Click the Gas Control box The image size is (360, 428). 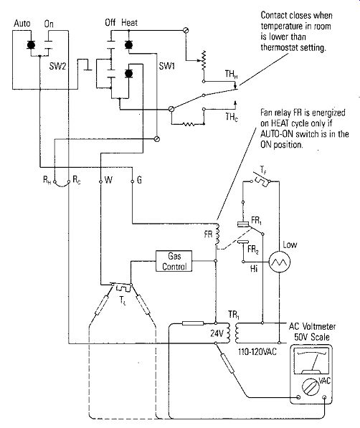pos(174,261)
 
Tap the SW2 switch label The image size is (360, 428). pos(57,66)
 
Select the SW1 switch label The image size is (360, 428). pos(167,66)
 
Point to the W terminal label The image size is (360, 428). pos(109,180)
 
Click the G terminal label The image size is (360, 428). pos(139,180)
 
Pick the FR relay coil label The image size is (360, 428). pos(208,234)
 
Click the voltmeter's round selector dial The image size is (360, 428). pos(311,387)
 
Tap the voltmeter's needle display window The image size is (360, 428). pos(311,361)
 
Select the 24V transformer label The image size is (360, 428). pos(217,333)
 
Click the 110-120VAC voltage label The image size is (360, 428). pos(257,351)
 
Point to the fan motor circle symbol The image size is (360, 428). pos(280,262)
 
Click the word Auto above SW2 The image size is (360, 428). pos(22,24)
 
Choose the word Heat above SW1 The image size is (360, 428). pos(130,22)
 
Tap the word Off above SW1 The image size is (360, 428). pos(110,22)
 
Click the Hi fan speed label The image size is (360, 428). pos(254,269)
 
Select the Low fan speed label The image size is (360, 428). pos(290,244)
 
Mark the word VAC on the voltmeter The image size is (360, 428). pos(324,380)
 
